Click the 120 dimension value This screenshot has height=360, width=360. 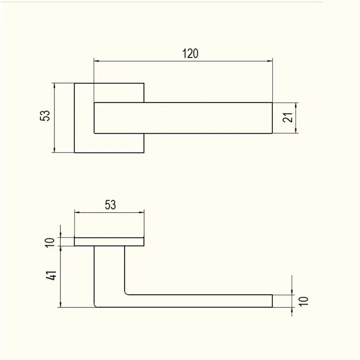[x=190, y=54]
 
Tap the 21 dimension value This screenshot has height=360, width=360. [x=288, y=117]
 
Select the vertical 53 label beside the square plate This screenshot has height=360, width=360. [x=45, y=116]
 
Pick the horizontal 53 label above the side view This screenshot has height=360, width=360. [x=110, y=205]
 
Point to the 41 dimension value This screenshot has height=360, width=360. [x=51, y=275]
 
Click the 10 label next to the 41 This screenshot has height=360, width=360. [x=50, y=243]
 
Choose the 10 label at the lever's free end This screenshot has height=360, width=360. [x=303, y=301]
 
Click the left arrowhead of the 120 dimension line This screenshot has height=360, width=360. [x=96, y=61]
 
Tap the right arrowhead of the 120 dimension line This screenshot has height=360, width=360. [x=270, y=61]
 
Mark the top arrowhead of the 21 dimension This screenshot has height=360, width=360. [x=296, y=105]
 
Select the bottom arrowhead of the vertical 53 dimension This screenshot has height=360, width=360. [x=54, y=150]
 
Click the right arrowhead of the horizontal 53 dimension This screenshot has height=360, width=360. [x=141, y=212]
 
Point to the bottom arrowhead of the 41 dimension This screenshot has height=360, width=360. [x=61, y=305]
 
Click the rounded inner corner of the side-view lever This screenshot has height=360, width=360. [x=126, y=293]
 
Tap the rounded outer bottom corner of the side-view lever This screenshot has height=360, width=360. [x=95, y=306]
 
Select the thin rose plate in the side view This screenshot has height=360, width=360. [x=109, y=242]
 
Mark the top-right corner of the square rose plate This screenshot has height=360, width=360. [x=144, y=83]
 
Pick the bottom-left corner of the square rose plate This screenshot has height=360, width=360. [x=74, y=153]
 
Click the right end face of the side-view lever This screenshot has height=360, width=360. [x=272, y=301]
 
